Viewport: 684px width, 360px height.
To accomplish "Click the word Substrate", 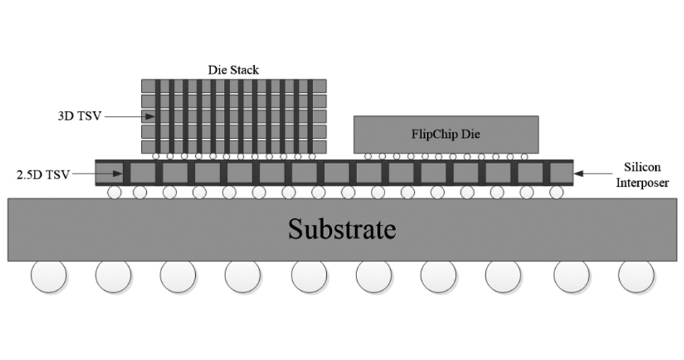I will [x=342, y=230].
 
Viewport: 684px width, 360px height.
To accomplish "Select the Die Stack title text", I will [x=233, y=70].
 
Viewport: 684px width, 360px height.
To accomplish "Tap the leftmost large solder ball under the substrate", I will [x=48, y=275].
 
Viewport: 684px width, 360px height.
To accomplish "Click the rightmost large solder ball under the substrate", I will [x=636, y=275].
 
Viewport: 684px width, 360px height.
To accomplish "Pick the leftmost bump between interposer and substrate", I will [x=114, y=192].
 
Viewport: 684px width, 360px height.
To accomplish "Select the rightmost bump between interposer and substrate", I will [x=556, y=192].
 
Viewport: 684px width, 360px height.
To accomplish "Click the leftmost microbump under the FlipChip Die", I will [x=369, y=156].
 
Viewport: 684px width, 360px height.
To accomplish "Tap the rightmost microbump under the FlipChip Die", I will [x=524, y=156].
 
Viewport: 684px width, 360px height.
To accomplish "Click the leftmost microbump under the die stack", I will [x=156, y=156].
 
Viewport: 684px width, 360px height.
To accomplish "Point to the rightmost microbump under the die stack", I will [x=312, y=156].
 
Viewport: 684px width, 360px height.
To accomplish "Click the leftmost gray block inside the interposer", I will [x=109, y=173].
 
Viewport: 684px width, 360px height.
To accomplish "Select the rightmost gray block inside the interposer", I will [x=560, y=173].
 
